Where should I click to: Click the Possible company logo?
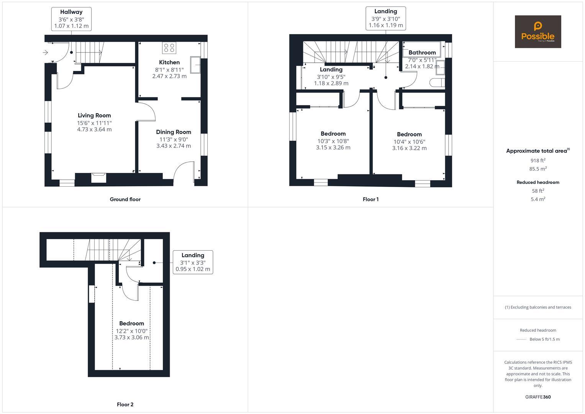point(537,32)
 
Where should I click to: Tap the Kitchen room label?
point(169,62)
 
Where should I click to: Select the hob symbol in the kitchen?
point(169,48)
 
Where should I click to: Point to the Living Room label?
point(94,115)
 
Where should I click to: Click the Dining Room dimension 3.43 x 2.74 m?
point(174,146)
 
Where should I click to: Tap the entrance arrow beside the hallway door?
point(46,53)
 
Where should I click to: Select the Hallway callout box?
point(71,19)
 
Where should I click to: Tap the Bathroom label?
point(422,53)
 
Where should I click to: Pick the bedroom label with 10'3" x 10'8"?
point(333,134)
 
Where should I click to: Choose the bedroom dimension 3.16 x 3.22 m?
point(409,148)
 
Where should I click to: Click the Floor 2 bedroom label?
point(131,324)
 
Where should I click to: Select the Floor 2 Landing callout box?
point(193,262)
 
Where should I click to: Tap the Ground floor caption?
point(125,199)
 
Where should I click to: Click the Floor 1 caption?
point(370,199)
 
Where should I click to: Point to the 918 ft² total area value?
point(537,161)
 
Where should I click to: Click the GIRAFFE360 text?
point(537,397)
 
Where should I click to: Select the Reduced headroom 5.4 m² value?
point(537,199)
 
